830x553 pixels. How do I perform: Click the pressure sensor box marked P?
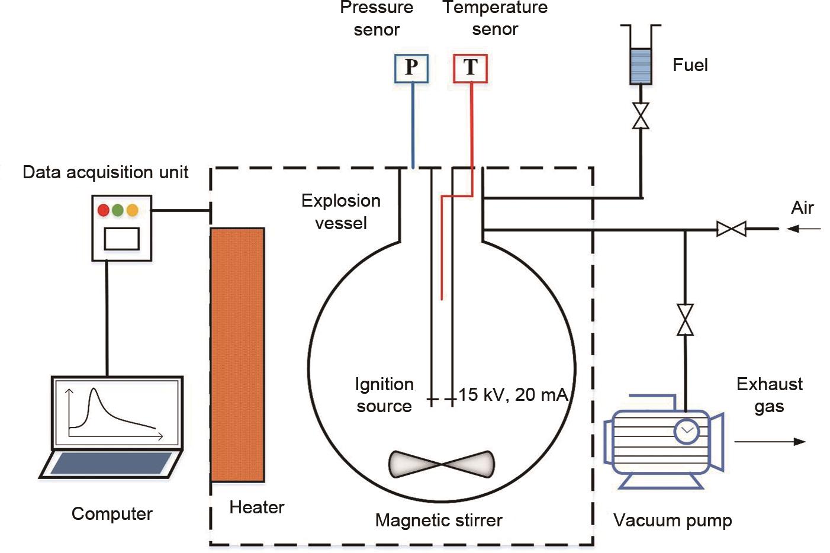pos(411,68)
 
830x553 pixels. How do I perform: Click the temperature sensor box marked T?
pos(470,68)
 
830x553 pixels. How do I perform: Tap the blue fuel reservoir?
pos(640,66)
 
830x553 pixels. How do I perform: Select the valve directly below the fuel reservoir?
pos(641,115)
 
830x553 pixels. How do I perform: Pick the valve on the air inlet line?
pos(731,229)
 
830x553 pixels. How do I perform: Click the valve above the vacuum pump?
pos(685,320)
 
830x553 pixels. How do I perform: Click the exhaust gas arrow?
pos(770,441)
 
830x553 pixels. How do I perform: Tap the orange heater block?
pos(237,354)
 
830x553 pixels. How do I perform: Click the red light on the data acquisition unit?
pos(104,210)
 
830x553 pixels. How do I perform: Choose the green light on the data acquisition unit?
pos(118,210)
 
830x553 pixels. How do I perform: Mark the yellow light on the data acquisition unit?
pos(132,210)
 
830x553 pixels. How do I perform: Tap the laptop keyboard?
pos(111,464)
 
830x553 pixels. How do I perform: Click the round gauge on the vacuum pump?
pos(687,430)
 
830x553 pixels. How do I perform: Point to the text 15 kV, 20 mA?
pos(513,395)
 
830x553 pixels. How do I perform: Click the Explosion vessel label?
pos(341,212)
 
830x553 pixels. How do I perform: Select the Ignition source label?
pos(384,395)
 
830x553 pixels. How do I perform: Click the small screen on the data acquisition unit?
pos(122,239)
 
